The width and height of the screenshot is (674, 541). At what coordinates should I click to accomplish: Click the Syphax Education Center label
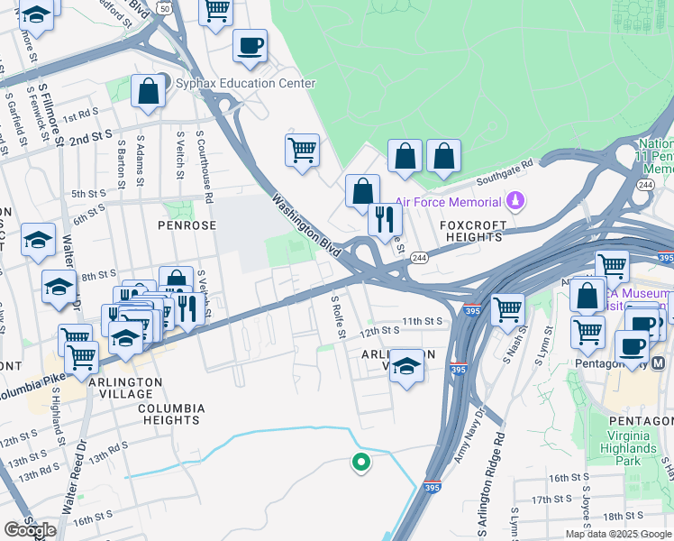(245, 84)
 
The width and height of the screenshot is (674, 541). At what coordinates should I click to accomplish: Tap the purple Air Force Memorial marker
(516, 200)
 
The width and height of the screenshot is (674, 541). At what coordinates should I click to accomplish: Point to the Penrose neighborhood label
(188, 225)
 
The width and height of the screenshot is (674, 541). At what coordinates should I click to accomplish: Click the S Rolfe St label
(339, 316)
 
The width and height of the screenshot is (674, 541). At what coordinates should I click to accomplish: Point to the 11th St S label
(423, 321)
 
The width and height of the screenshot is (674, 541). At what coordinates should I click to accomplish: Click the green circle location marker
(361, 463)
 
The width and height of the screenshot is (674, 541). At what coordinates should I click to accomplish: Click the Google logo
(31, 530)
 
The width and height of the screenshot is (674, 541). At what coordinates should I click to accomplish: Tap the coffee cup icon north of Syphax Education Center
(250, 45)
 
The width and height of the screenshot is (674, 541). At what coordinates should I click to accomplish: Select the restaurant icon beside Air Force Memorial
(385, 218)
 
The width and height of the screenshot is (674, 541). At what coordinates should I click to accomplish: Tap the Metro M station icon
(658, 363)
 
